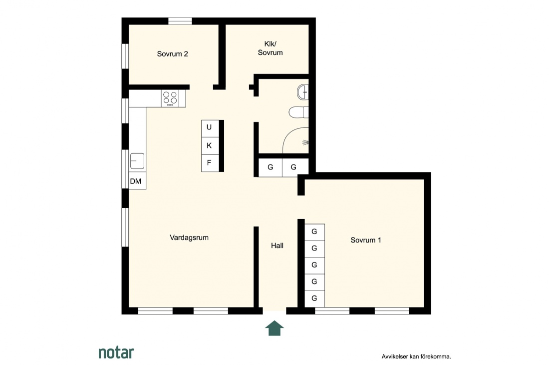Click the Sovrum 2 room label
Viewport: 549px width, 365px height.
(172, 54)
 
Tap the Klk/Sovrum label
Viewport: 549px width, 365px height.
(271, 48)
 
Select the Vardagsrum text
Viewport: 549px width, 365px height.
(189, 237)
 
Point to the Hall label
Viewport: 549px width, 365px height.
(277, 246)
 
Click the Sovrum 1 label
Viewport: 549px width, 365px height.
(365, 240)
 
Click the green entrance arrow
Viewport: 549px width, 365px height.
(274, 328)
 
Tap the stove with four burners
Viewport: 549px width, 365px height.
(170, 98)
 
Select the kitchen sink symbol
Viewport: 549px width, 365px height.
(137, 161)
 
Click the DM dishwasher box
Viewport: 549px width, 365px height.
(137, 181)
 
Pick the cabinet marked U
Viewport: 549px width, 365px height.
(210, 128)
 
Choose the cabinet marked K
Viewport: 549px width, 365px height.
(210, 146)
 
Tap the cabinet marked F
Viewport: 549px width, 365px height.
(210, 163)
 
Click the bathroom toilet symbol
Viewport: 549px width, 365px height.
(298, 112)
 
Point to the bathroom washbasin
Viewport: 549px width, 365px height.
(303, 92)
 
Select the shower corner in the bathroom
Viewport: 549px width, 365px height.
(295, 140)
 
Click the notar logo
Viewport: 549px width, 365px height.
(116, 352)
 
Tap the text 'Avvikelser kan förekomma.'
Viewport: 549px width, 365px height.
(416, 357)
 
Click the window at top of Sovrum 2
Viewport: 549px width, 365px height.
(180, 21)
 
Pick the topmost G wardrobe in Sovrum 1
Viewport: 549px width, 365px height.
(315, 232)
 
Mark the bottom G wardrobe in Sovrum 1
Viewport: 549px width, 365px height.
(315, 298)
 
